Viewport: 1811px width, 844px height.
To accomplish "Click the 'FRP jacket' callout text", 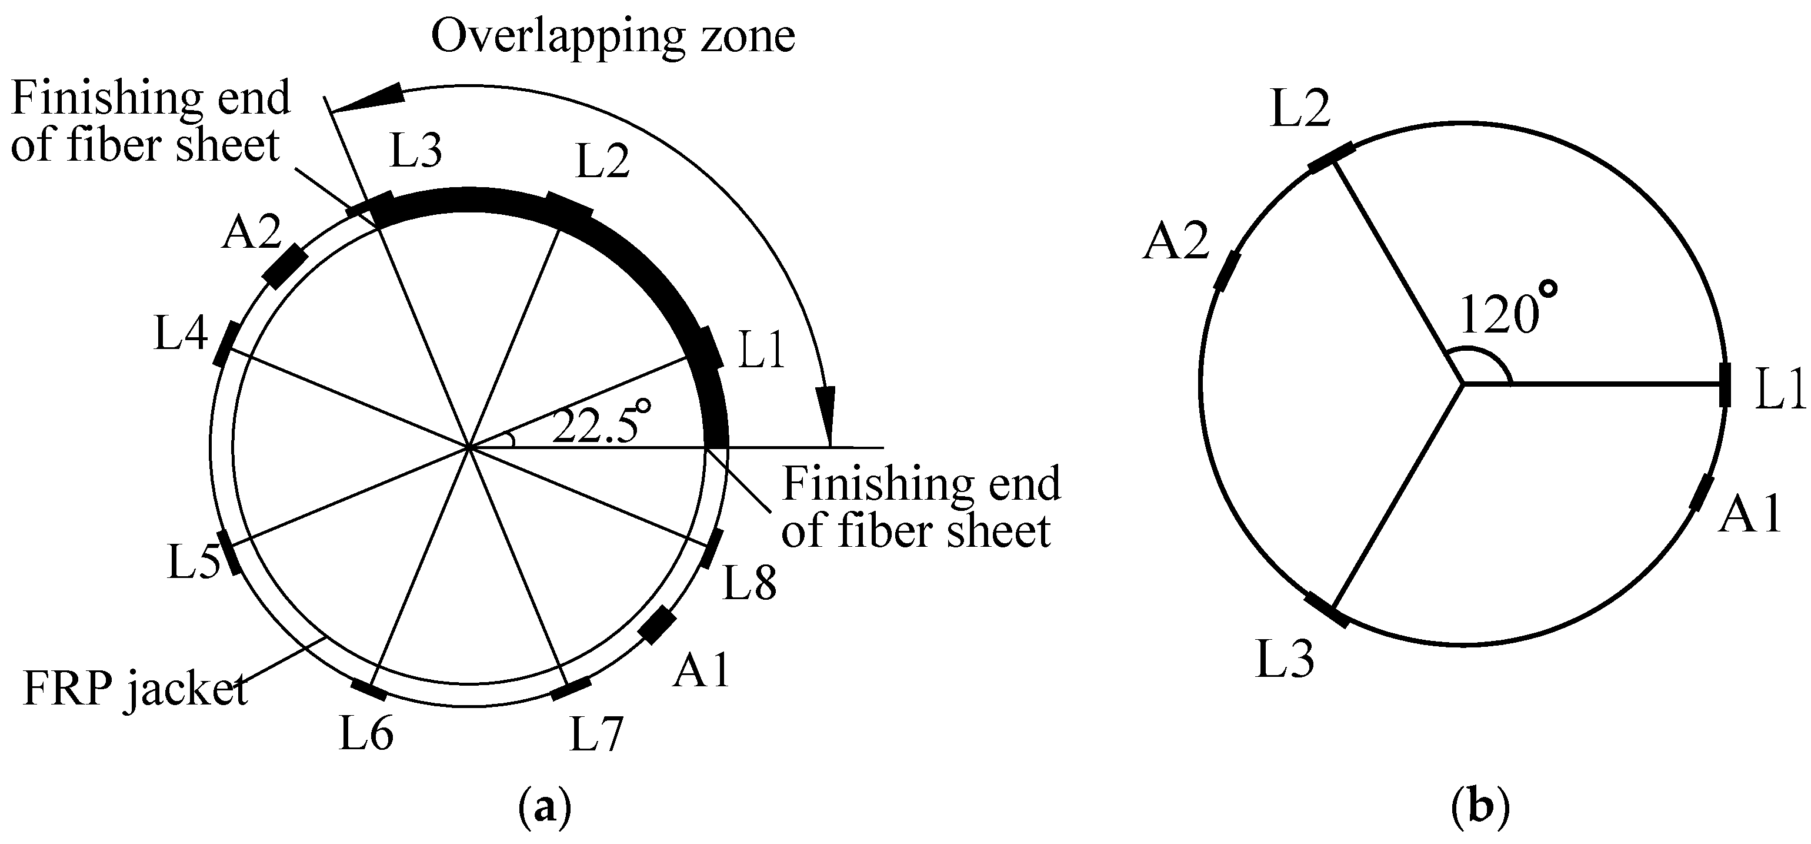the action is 135,689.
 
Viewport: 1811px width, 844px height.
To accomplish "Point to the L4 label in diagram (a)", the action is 181,333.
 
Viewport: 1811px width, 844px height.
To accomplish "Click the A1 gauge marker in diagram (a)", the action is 659,626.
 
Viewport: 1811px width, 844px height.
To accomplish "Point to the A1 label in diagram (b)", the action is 1749,515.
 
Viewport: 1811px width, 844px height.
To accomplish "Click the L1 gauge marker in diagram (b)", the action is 1724,385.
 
